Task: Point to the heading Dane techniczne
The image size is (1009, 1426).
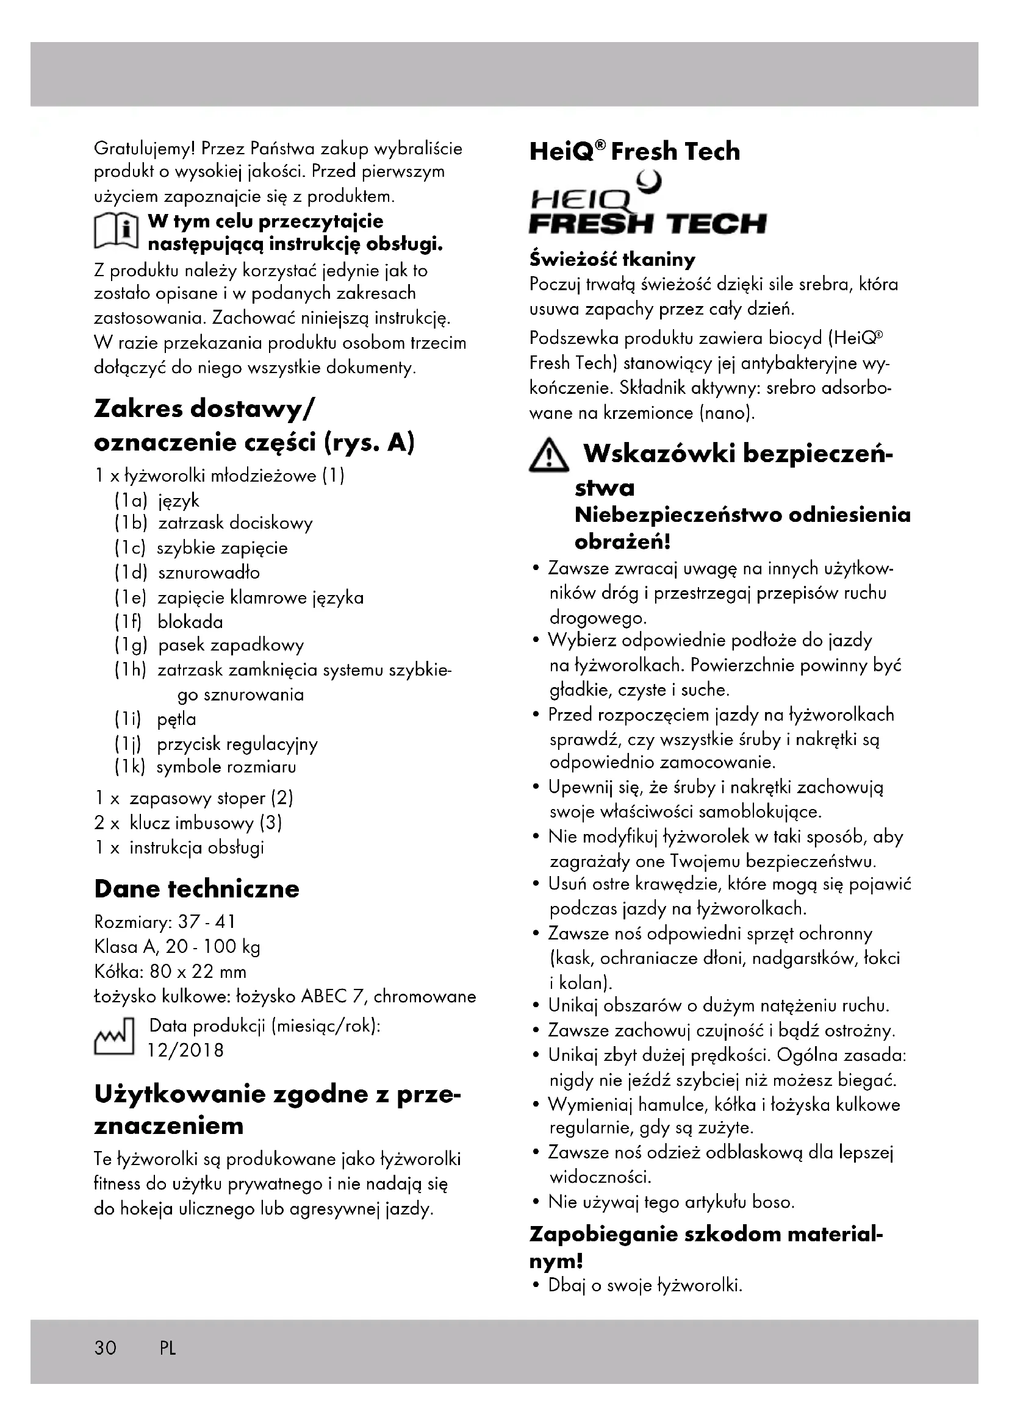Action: point(196,889)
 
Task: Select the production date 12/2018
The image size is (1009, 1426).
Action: point(185,1050)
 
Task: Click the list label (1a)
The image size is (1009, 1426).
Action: point(131,501)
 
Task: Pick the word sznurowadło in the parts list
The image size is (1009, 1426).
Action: point(209,572)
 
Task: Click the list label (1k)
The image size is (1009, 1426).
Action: point(130,767)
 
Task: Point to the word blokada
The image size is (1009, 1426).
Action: point(190,622)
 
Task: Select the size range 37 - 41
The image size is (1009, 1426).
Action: point(206,922)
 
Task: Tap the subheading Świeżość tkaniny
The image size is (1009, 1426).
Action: point(612,259)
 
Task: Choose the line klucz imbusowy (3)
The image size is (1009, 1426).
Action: point(206,823)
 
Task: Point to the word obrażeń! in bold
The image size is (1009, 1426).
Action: point(622,541)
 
